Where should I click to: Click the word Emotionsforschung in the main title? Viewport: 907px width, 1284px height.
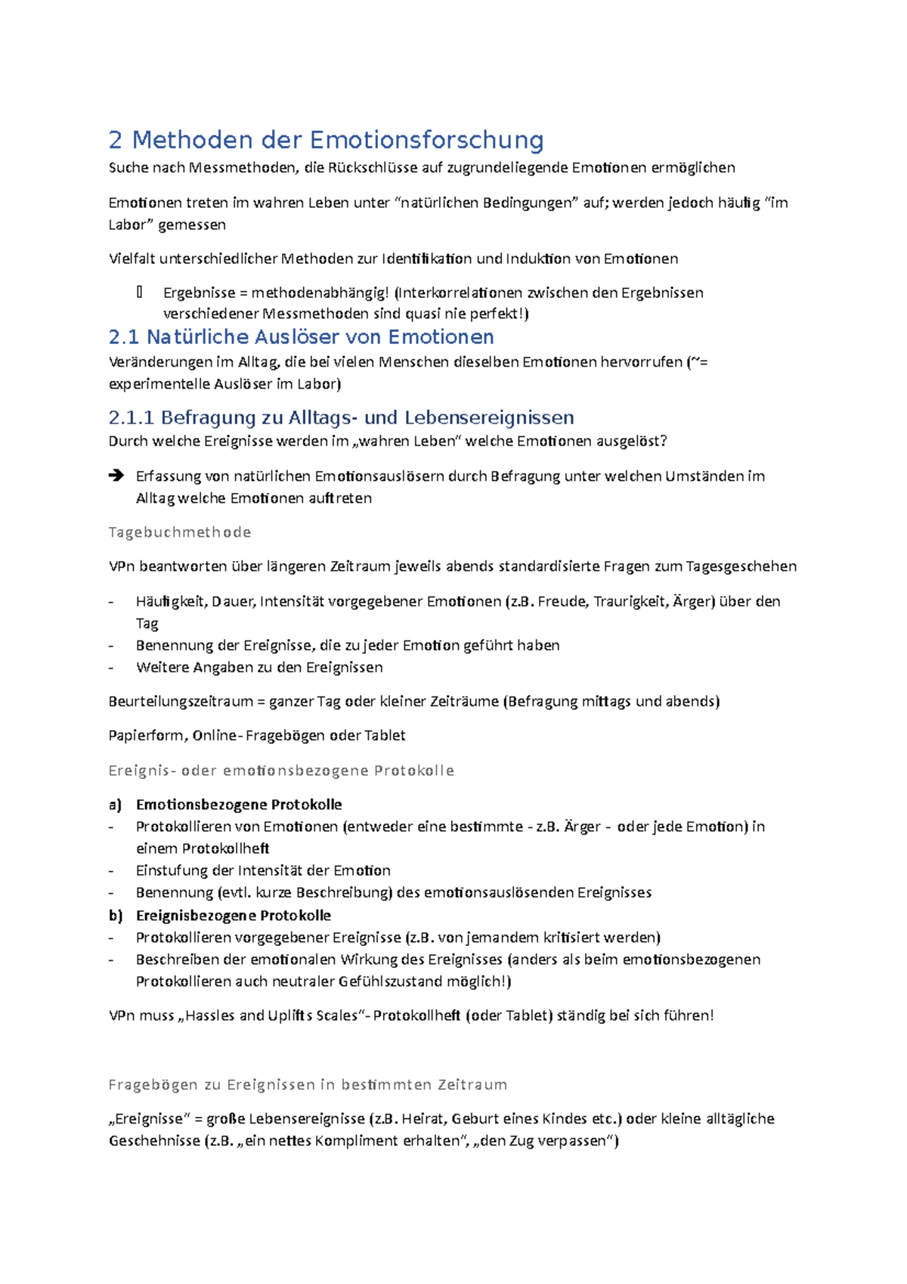[426, 140]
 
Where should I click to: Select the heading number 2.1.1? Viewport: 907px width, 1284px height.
[132, 417]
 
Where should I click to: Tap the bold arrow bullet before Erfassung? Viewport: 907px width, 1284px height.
[116, 476]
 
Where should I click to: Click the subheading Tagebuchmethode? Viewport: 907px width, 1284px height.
[180, 532]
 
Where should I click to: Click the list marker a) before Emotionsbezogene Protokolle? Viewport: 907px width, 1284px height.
[115, 805]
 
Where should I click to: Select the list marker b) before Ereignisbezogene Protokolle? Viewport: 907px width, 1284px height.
[115, 916]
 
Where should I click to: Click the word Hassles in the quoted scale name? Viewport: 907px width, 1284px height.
[210, 1016]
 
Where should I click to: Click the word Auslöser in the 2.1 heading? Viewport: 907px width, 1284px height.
[264, 337]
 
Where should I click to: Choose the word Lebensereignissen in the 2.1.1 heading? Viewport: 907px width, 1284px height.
[489, 417]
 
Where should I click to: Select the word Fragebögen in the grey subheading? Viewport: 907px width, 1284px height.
[153, 1084]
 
